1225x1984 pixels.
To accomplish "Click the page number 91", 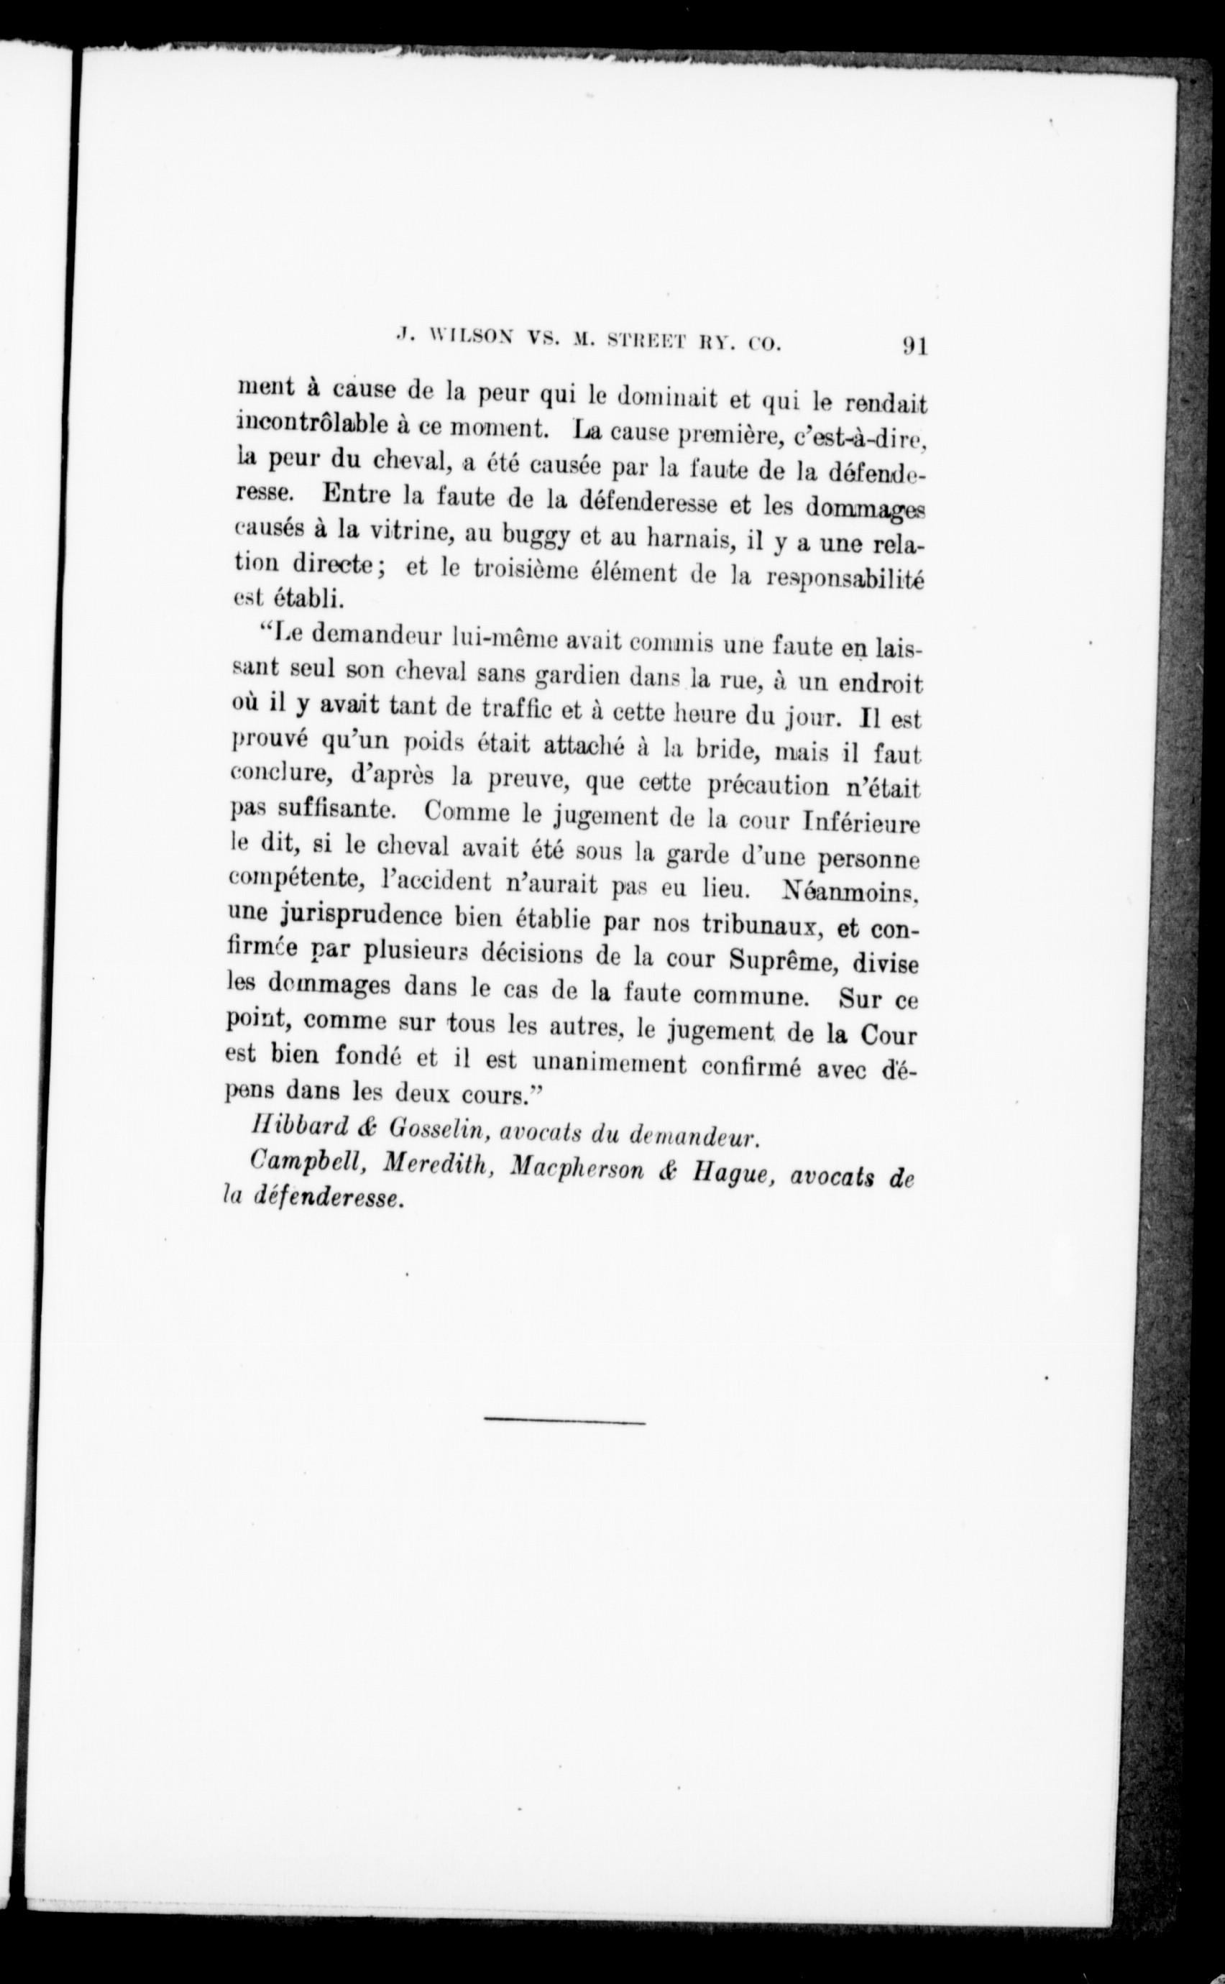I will (x=914, y=346).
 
